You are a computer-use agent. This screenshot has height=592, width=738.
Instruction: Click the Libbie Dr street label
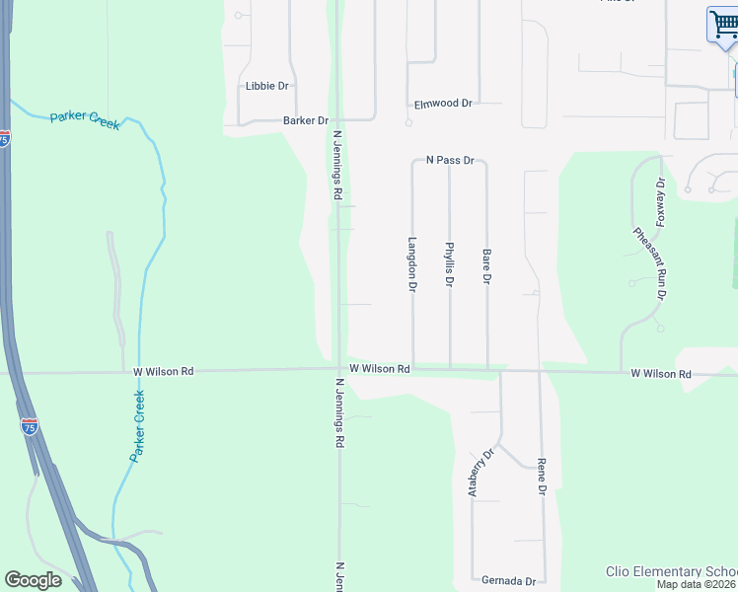point(266,87)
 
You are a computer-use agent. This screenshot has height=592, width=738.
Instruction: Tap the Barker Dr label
point(305,120)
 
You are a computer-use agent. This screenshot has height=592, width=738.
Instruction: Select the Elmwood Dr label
point(443,104)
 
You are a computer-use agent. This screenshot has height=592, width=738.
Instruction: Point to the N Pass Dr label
point(450,160)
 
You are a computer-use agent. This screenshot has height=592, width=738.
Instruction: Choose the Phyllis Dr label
point(449,264)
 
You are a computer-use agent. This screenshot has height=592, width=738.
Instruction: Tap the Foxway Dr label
point(660,201)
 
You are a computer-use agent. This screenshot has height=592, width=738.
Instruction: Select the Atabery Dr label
point(480,474)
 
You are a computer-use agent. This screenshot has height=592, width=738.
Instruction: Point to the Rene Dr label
point(542,476)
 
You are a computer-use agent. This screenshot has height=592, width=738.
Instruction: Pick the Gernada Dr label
point(508,581)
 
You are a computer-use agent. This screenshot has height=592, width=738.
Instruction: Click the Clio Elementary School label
point(671,572)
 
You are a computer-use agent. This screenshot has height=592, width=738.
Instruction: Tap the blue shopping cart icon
point(722,24)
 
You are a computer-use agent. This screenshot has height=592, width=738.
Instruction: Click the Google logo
point(33,580)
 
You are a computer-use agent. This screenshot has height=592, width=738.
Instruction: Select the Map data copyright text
point(697,584)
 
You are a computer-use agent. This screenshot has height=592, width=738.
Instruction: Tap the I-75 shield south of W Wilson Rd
point(30,426)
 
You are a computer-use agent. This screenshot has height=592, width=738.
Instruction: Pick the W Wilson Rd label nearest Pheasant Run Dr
point(661,375)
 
